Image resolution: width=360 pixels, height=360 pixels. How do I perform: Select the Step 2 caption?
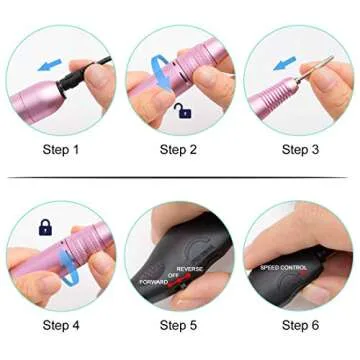tap(180, 150)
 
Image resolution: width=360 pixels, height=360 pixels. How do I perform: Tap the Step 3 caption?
tap(301, 150)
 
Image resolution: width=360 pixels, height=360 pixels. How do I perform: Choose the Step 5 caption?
tap(180, 325)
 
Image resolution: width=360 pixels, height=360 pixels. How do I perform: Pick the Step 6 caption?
tap(301, 325)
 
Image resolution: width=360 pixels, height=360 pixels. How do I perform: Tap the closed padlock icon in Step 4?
tap(44, 228)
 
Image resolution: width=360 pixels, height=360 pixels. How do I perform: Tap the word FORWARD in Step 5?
tap(156, 281)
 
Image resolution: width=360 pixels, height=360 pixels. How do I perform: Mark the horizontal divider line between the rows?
tap(180, 177)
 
